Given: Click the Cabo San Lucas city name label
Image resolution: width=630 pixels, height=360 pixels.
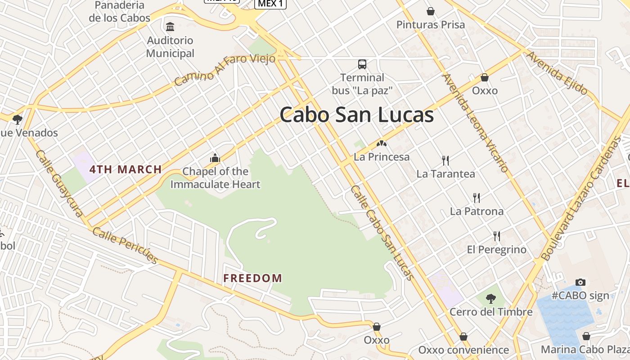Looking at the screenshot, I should pyautogui.click(x=356, y=115).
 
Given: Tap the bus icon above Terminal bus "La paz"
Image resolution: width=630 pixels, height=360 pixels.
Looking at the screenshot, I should pyautogui.click(x=362, y=64).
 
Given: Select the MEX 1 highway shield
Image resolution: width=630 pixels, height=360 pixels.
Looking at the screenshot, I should pyautogui.click(x=270, y=4).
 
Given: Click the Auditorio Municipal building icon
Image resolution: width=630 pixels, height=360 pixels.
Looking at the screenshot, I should pyautogui.click(x=170, y=27).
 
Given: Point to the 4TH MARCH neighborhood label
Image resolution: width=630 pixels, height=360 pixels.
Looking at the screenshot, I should pyautogui.click(x=126, y=170).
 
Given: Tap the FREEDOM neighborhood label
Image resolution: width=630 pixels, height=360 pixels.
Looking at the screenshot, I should pyautogui.click(x=253, y=278).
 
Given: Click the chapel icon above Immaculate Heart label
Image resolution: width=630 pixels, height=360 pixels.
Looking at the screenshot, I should pyautogui.click(x=215, y=158).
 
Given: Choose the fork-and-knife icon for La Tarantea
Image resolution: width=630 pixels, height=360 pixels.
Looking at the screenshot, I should pyautogui.click(x=445, y=160).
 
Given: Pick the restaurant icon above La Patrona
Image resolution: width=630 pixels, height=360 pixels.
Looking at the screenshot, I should pyautogui.click(x=477, y=198).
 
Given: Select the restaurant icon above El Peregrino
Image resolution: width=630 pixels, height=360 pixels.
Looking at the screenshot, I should pyautogui.click(x=497, y=236).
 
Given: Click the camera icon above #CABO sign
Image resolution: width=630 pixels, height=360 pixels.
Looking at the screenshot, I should pyautogui.click(x=580, y=282).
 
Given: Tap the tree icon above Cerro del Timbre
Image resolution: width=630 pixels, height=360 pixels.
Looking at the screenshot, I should pyautogui.click(x=491, y=298).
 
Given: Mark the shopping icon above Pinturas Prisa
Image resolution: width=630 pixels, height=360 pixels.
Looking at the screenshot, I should pyautogui.click(x=430, y=11).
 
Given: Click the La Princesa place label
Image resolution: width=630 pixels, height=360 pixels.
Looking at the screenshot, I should pyautogui.click(x=382, y=157).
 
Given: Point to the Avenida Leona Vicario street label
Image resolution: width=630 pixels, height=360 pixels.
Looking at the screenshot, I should pyautogui.click(x=476, y=123).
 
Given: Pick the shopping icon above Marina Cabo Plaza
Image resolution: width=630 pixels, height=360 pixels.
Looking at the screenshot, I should pyautogui.click(x=586, y=336).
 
